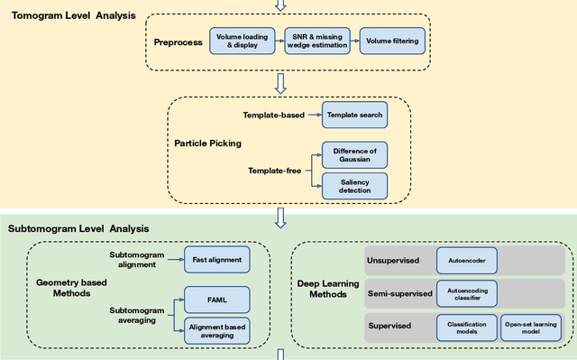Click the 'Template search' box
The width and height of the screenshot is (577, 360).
pyautogui.click(x=354, y=115)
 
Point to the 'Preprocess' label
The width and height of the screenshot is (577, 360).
pyautogui.click(x=179, y=40)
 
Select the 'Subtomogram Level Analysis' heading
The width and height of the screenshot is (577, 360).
pyautogui.click(x=78, y=229)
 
